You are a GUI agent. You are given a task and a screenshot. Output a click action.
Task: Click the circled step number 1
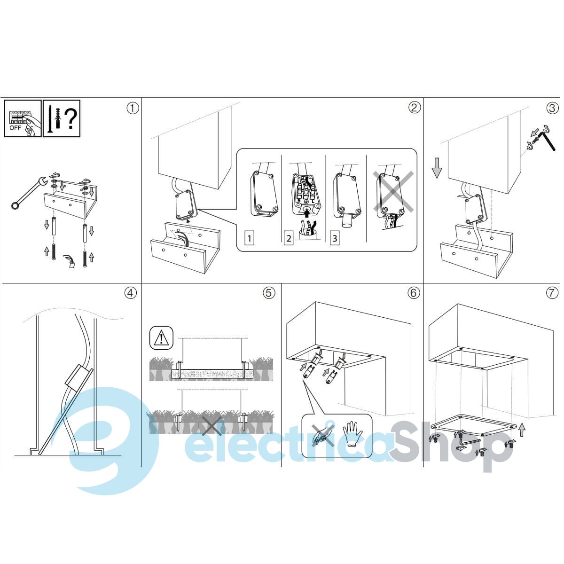[x=132, y=109]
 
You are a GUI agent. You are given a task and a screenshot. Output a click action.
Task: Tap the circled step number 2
[x=414, y=108]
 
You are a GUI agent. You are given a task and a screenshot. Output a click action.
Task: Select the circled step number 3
[x=552, y=108]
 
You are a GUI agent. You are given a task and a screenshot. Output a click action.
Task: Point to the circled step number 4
[x=131, y=293]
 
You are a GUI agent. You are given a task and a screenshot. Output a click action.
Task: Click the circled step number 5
[x=269, y=293]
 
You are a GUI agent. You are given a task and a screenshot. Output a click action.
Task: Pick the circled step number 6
[x=413, y=293]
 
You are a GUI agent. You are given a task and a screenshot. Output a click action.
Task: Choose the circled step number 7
[x=552, y=293]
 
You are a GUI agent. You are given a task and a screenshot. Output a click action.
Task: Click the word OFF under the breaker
[x=15, y=128]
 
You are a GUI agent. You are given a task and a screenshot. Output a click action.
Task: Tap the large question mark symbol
[x=70, y=118]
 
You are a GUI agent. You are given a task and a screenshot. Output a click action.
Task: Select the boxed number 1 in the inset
[x=250, y=238]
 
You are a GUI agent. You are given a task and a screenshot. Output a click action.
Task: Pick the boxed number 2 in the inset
[x=289, y=238]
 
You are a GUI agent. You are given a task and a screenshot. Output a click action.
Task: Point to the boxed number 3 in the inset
[x=335, y=238]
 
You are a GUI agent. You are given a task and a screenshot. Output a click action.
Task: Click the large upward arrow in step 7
[x=522, y=430]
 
